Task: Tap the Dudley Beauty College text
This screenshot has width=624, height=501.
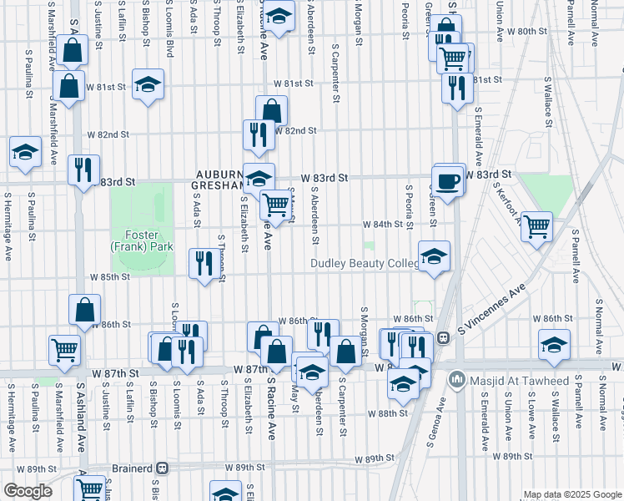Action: coord(365,263)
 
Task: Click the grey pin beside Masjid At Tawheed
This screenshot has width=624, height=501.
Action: coord(455,381)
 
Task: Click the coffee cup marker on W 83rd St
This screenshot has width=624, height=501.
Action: coord(448,181)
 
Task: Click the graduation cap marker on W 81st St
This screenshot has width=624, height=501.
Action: coord(148,84)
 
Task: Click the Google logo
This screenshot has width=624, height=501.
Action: coord(28,491)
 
